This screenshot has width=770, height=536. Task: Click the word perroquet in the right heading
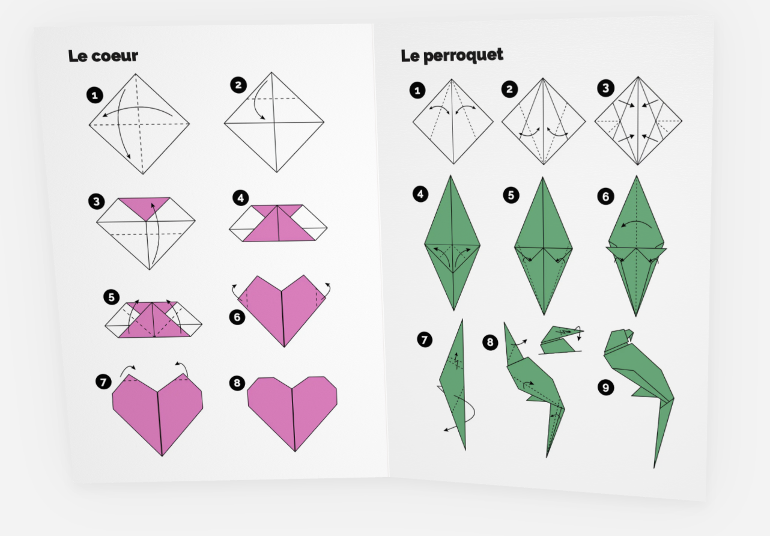pos(463,56)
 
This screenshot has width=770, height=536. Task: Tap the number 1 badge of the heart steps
pos(95,96)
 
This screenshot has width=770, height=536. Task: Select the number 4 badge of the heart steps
pos(241,198)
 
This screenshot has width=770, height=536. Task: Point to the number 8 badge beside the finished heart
pos(237,383)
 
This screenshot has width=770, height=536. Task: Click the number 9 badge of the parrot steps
pos(605,388)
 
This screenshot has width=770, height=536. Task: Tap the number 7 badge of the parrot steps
pos(425,340)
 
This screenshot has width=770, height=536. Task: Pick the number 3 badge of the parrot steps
pos(605,88)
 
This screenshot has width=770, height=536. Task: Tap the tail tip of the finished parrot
pos(654,467)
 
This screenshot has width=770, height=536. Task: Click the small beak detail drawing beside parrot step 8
pos(561,340)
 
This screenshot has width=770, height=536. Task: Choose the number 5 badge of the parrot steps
pos(511,195)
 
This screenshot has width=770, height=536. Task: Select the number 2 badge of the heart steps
pos(238,85)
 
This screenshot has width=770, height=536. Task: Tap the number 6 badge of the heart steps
pos(237,317)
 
